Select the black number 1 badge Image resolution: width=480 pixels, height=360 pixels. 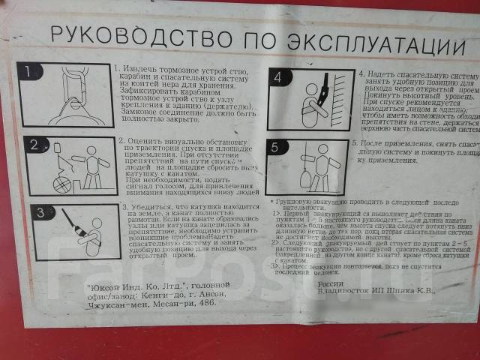(x=28, y=73)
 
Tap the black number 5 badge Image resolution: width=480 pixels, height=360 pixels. (x=275, y=148)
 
